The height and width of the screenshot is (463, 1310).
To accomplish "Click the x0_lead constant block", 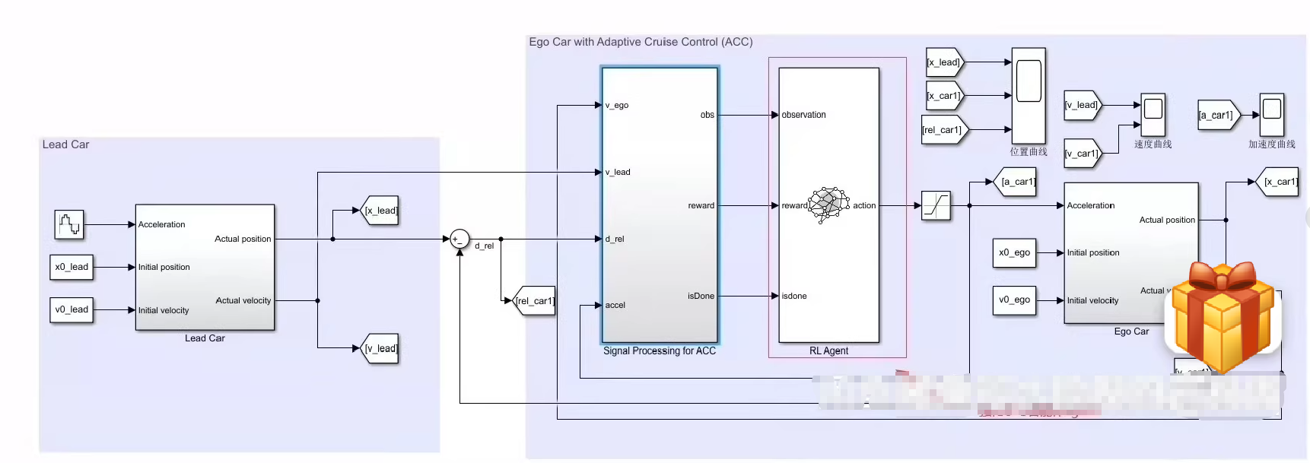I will click(x=72, y=267).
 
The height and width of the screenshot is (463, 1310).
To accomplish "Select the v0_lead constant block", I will click(x=72, y=309).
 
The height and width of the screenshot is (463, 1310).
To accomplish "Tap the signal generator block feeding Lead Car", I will click(x=68, y=224).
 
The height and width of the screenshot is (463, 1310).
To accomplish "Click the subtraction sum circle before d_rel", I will click(x=459, y=239).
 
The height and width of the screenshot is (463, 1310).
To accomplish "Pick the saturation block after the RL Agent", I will click(x=936, y=205).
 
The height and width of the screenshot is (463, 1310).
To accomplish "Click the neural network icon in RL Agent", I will click(x=828, y=204).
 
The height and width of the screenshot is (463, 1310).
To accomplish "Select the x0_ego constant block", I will click(x=1014, y=252).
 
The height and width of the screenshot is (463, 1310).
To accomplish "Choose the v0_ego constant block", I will click(x=1014, y=300).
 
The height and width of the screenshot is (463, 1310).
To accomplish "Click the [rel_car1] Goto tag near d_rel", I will click(x=535, y=301).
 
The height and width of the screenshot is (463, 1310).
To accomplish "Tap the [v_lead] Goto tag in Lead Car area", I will click(x=380, y=348).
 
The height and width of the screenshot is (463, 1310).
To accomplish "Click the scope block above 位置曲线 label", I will click(x=1029, y=95).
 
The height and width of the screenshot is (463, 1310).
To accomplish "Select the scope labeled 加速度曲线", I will click(x=1272, y=115).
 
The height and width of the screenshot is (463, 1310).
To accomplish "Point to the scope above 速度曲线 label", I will click(x=1153, y=115).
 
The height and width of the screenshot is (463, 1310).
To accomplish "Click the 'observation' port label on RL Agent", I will click(x=803, y=115).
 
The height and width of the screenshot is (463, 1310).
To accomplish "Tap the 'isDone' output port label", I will click(x=701, y=296).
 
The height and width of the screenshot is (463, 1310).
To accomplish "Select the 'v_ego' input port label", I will click(x=617, y=106).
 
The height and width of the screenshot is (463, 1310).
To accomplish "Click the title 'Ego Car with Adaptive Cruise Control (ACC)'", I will click(x=641, y=42).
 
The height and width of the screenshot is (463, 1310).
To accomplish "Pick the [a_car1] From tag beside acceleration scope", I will click(x=1217, y=116).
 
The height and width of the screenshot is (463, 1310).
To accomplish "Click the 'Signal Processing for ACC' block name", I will click(x=660, y=351).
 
